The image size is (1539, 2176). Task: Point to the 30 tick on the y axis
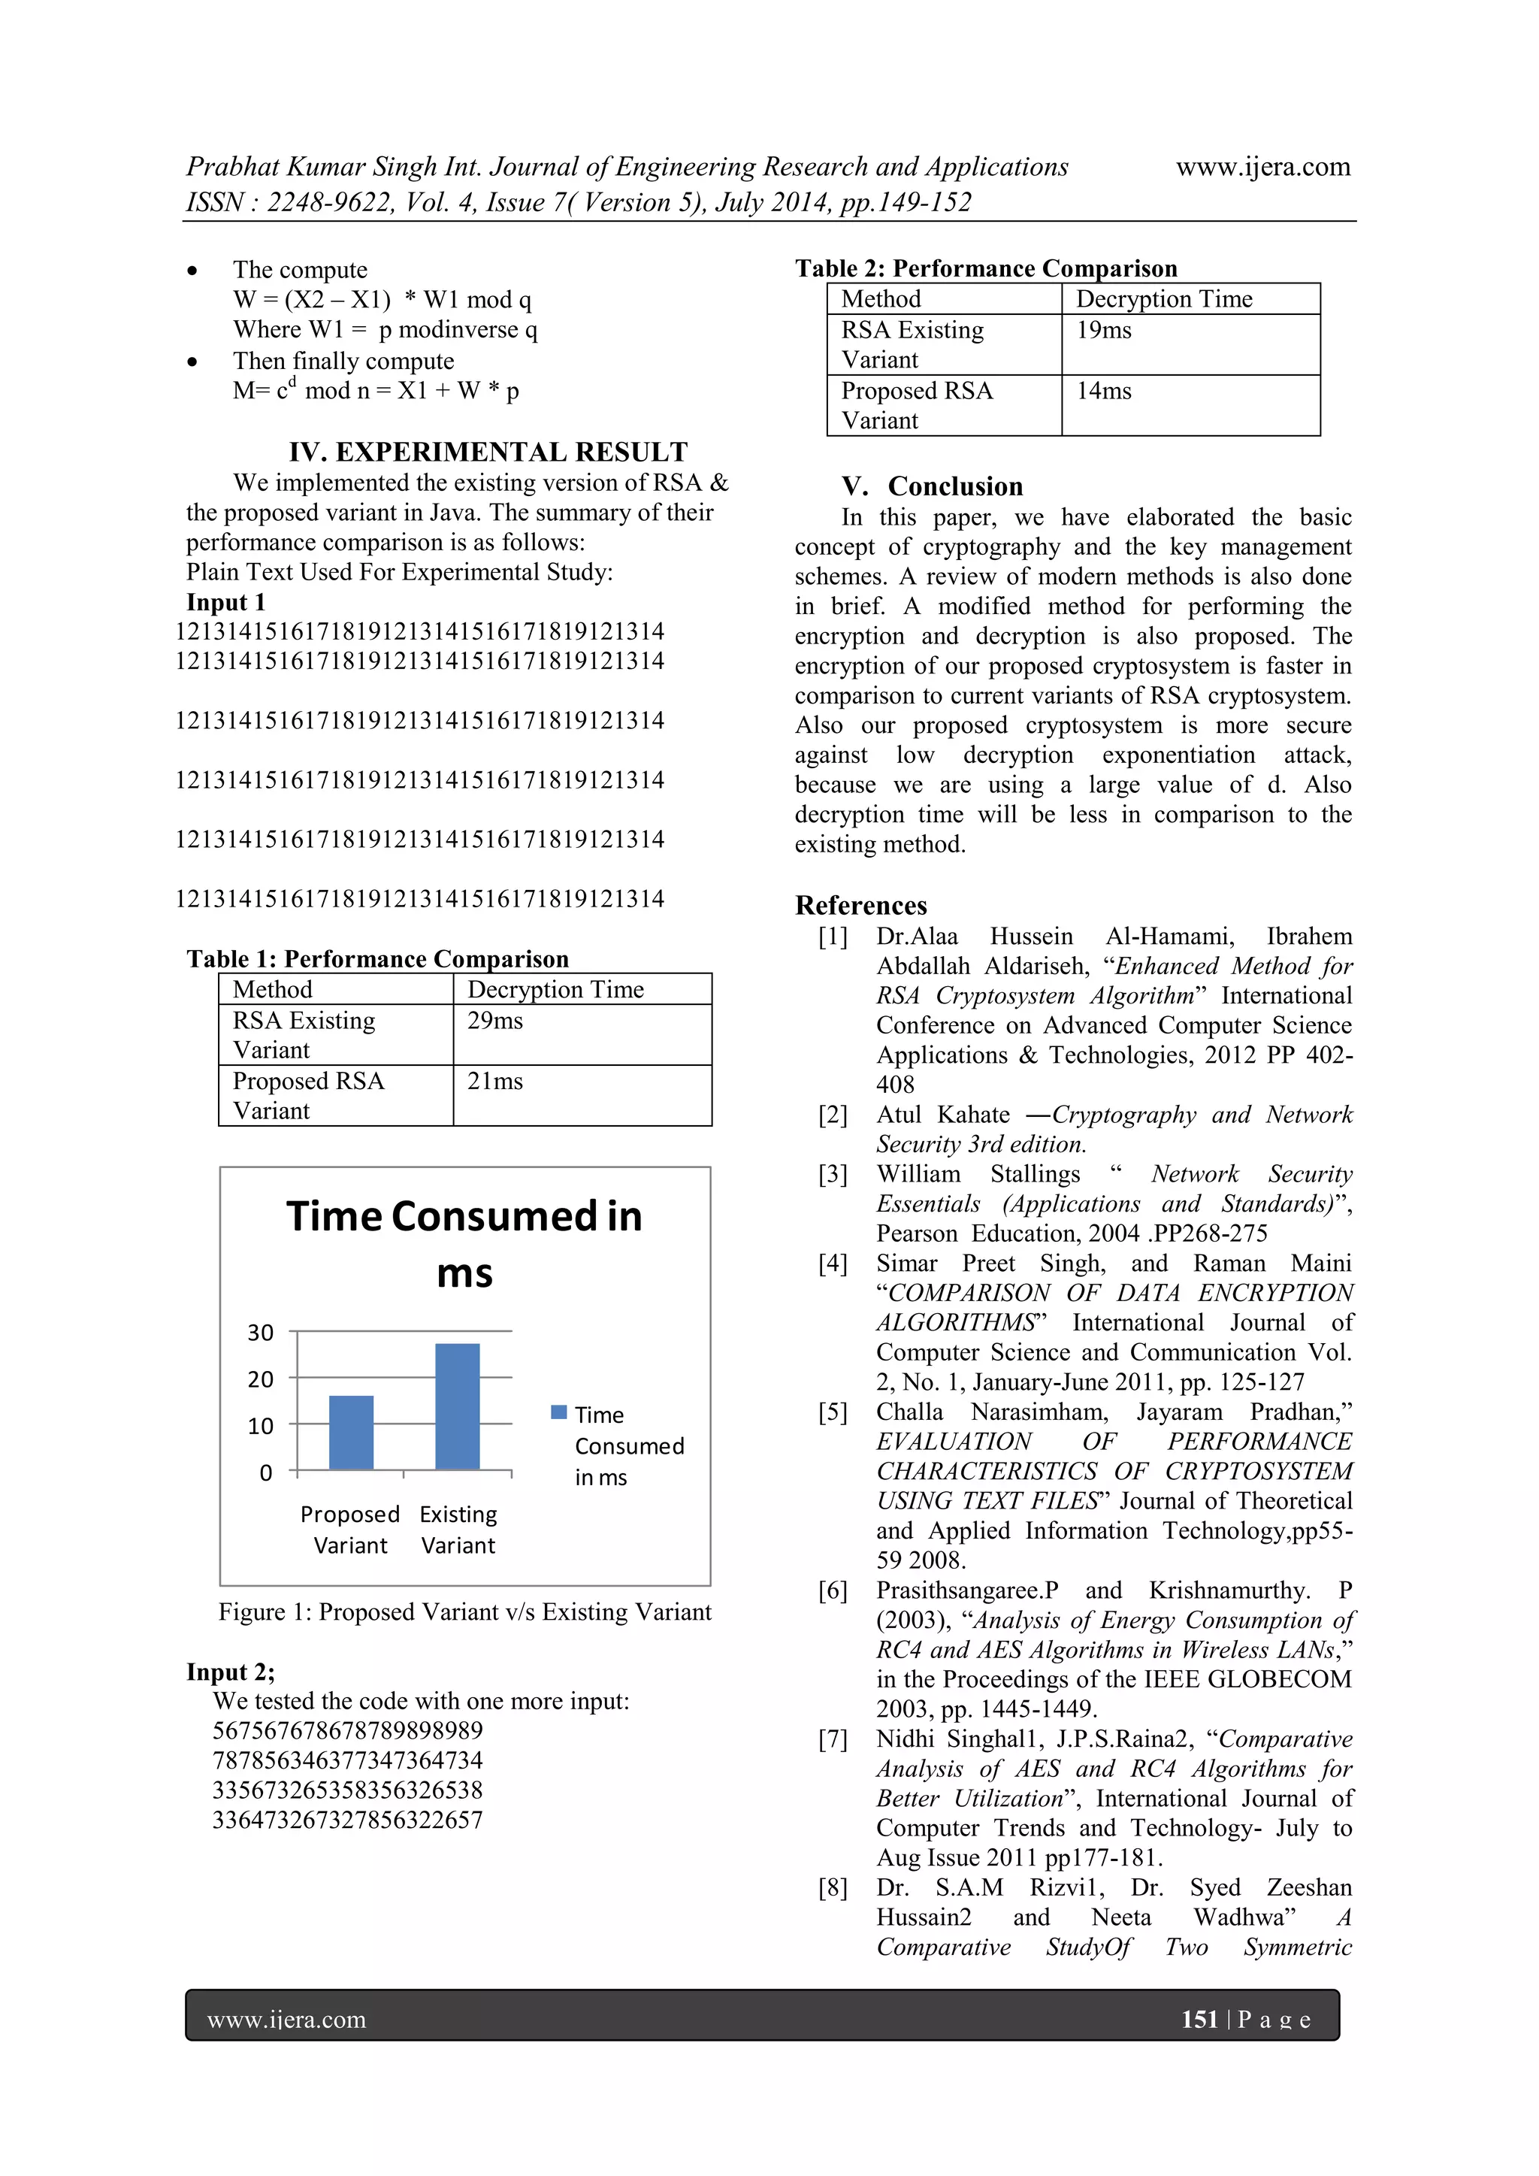(261, 1333)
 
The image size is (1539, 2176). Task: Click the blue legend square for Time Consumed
(559, 1412)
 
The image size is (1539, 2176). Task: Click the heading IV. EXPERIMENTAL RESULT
(488, 452)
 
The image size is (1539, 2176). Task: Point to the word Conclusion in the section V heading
(955, 486)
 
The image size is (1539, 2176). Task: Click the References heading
(860, 905)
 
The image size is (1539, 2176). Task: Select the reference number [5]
(833, 1412)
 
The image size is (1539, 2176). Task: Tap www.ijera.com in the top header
(1262, 167)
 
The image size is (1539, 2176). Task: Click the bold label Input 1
(225, 603)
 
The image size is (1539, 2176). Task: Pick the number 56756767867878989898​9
(348, 1730)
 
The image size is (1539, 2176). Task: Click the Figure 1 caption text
(464, 1612)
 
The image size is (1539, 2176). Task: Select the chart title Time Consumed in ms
(464, 1243)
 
